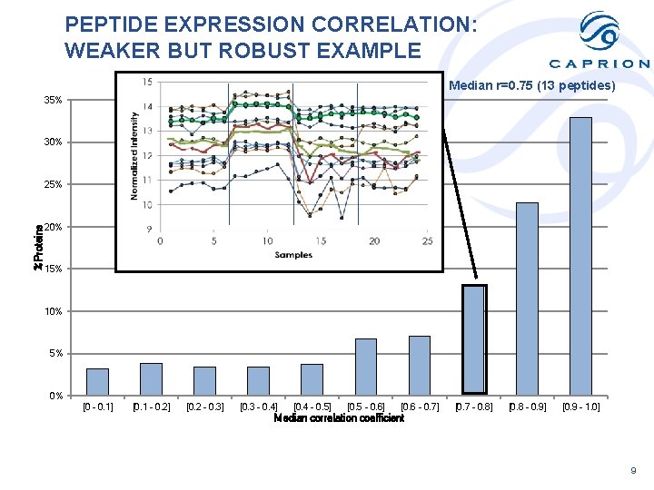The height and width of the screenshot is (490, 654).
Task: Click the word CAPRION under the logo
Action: (599, 64)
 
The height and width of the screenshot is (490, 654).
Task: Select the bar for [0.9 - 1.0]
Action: (580, 256)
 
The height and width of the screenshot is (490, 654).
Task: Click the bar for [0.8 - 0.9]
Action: (527, 299)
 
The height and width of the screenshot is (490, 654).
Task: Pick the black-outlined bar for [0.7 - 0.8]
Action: (474, 339)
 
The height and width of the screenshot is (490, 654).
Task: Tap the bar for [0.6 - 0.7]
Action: (420, 366)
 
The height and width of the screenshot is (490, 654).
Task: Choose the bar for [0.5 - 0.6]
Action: (366, 367)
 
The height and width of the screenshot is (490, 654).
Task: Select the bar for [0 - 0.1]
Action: (97, 381)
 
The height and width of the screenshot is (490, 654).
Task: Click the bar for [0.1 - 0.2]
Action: (151, 378)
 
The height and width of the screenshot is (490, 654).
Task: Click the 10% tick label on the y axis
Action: (54, 311)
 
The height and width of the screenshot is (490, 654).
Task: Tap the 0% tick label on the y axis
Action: (56, 396)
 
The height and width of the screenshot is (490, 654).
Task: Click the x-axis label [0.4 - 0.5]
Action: (312, 407)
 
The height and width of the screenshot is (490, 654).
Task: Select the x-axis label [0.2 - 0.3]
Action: (204, 407)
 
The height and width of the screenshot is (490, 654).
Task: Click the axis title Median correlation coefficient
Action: (339, 418)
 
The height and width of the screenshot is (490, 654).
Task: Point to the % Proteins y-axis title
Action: (38, 248)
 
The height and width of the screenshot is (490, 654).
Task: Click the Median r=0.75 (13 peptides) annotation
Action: (532, 86)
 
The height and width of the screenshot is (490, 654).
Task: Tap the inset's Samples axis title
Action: (293, 255)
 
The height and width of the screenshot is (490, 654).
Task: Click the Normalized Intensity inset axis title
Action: (134, 155)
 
